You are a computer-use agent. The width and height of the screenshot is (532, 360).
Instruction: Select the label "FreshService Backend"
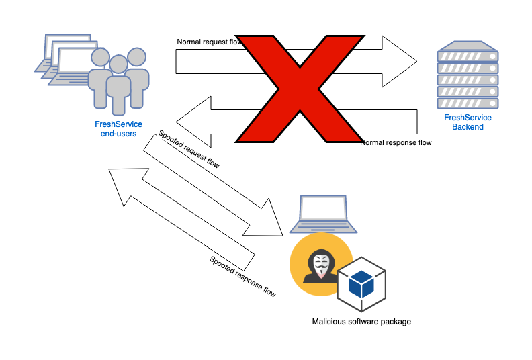click(468, 122)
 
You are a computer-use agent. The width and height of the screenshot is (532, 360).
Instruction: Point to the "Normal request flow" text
click(208, 42)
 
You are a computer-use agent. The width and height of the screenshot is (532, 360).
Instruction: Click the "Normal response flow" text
click(396, 142)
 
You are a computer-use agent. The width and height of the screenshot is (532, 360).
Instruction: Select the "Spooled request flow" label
click(189, 149)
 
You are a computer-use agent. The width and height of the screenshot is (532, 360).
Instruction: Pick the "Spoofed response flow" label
click(242, 276)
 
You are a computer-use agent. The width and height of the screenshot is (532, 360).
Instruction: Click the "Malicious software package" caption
click(361, 322)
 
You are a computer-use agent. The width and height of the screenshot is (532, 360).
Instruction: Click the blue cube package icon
click(363, 284)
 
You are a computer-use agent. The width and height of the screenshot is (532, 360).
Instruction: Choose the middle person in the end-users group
click(118, 84)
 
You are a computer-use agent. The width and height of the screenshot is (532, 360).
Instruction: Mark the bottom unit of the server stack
click(468, 103)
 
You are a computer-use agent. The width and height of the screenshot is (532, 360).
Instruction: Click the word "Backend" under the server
click(468, 127)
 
